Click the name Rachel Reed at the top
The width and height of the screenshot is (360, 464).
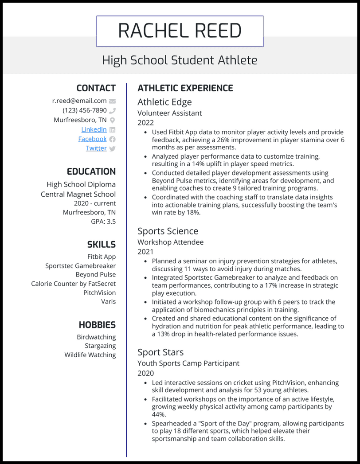pyautogui.click(x=180, y=31)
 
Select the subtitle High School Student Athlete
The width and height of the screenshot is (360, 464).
pyautogui.click(x=180, y=60)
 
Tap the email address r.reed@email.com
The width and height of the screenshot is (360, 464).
pyautogui.click(x=79, y=101)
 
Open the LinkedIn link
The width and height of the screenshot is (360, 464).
pyautogui.click(x=94, y=129)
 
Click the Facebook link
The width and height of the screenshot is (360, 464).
pyautogui.click(x=92, y=139)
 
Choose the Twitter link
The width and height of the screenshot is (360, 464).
pyautogui.click(x=96, y=148)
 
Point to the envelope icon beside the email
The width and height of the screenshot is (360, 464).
pyautogui.click(x=112, y=101)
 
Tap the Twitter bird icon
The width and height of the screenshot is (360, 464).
pyautogui.click(x=112, y=148)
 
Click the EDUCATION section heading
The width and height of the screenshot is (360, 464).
pyautogui.click(x=91, y=172)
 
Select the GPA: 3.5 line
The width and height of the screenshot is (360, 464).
pyautogui.click(x=103, y=221)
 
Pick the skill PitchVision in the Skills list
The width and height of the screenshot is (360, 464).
pyautogui.click(x=99, y=292)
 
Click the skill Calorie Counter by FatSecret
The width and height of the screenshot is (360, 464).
pyautogui.click(x=73, y=284)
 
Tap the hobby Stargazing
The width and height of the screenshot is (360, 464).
pyautogui.click(x=100, y=346)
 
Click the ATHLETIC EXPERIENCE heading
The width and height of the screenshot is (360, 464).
pyautogui.click(x=185, y=88)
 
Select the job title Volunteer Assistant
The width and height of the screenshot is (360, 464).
pyautogui.click(x=169, y=113)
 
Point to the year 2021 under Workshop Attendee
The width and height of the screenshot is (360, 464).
pyautogui.click(x=145, y=252)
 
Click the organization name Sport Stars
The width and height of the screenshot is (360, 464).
pyautogui.click(x=160, y=352)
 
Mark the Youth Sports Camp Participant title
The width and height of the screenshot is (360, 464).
pyautogui.click(x=188, y=363)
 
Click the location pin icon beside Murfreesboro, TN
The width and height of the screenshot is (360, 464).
pyautogui.click(x=112, y=120)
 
